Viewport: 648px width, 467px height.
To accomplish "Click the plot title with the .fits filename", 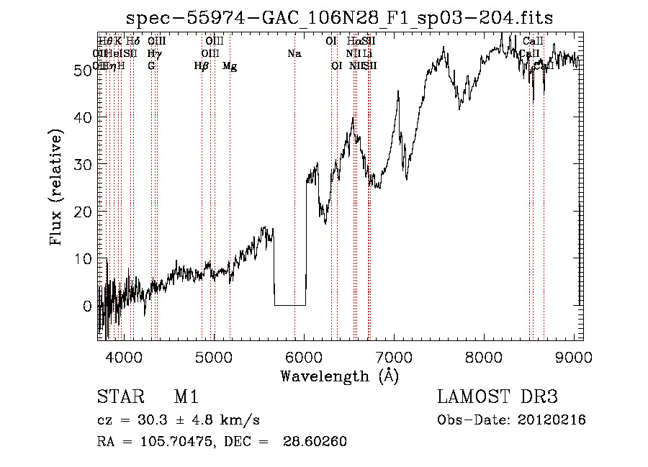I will (x=340, y=18).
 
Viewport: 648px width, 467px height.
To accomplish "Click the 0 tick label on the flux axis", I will (x=88, y=306).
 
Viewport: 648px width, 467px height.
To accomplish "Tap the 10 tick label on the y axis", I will (x=84, y=258).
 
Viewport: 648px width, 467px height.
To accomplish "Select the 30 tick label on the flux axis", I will (x=84, y=164).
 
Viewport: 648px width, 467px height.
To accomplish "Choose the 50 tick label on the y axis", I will (x=84, y=70).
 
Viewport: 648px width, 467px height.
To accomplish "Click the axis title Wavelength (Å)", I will (x=339, y=376).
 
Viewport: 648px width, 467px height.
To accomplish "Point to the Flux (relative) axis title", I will (x=58, y=188).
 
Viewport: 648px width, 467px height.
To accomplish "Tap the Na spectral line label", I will (x=294, y=53).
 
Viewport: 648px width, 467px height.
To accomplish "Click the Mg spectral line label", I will (x=230, y=66).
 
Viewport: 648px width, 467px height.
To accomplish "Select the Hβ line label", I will (x=201, y=66).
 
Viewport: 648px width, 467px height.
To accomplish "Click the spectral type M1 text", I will (x=186, y=397).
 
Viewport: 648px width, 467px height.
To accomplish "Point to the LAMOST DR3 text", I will (x=498, y=397).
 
